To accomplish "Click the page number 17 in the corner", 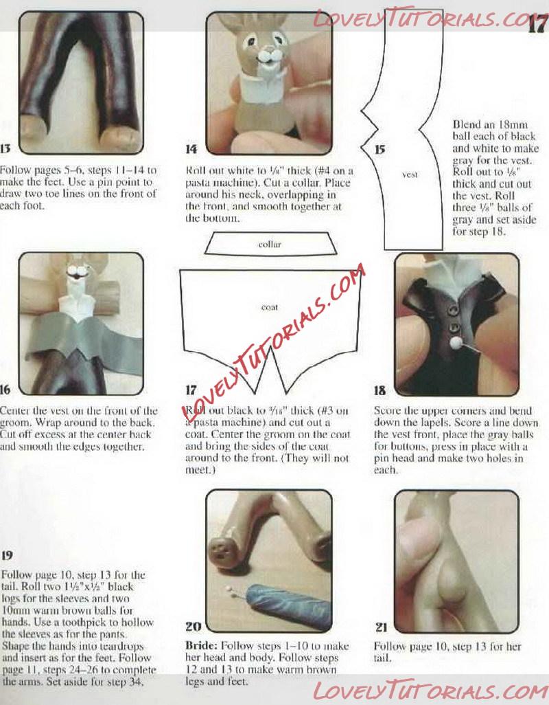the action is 537,23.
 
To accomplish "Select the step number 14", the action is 191,149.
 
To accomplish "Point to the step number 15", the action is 379,149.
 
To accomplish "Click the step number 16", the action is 5,390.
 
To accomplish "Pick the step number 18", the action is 379,390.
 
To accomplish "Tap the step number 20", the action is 193,626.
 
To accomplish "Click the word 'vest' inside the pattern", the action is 410,175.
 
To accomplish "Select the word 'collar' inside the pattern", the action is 270,244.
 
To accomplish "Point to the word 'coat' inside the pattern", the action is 269,308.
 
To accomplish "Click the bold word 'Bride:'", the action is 202,646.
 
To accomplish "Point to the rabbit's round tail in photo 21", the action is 452,581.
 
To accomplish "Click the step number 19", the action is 7,555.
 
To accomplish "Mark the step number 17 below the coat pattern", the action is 191,390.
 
